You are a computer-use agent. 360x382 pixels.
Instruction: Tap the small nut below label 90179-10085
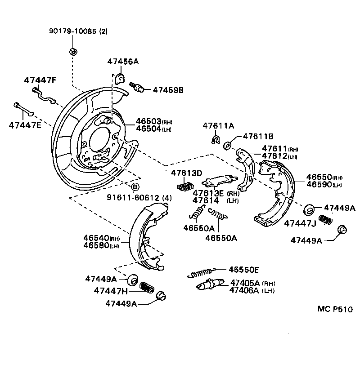pos(72,50)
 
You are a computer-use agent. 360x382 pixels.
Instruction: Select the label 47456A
pos(122,62)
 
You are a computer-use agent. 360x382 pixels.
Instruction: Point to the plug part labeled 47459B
pos(137,87)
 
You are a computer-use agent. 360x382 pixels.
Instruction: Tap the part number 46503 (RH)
pos(148,122)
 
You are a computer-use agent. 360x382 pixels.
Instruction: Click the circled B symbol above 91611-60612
pos(135,186)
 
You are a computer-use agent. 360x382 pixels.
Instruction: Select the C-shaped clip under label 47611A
pos(216,140)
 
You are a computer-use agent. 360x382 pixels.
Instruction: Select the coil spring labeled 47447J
pos(325,220)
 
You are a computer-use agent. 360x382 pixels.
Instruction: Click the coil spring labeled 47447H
pos(146,286)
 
